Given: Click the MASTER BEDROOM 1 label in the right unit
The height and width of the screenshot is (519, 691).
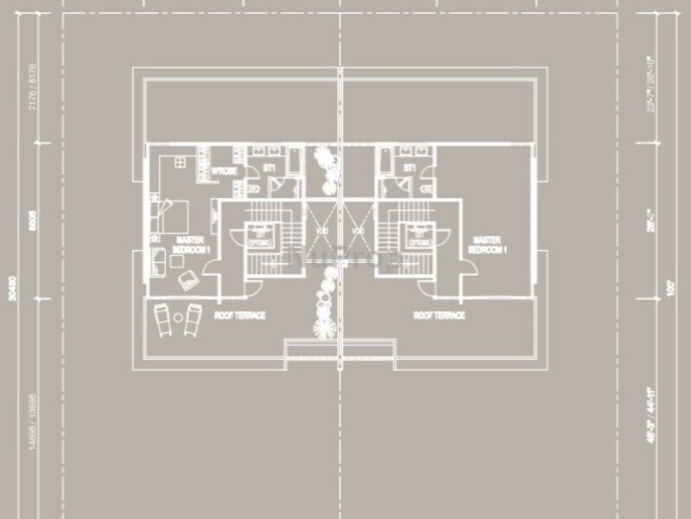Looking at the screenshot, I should pyautogui.click(x=486, y=244).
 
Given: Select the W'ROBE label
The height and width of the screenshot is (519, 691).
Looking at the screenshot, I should pyautogui.click(x=225, y=171).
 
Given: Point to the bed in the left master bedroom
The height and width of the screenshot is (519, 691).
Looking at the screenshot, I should pyautogui.click(x=174, y=214).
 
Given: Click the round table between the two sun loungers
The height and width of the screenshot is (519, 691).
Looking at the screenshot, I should pyautogui.click(x=178, y=317).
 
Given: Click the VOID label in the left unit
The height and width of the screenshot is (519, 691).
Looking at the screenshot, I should pyautogui.click(x=321, y=232).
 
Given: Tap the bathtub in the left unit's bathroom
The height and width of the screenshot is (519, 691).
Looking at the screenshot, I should pyautogui.click(x=293, y=159).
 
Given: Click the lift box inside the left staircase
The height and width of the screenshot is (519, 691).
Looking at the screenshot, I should pyautogui.click(x=258, y=235).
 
